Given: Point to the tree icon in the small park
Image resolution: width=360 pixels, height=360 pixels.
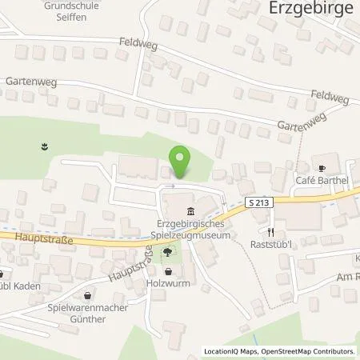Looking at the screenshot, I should tap(166, 254).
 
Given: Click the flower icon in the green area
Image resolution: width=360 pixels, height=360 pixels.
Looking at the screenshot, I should tap(44, 146).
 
